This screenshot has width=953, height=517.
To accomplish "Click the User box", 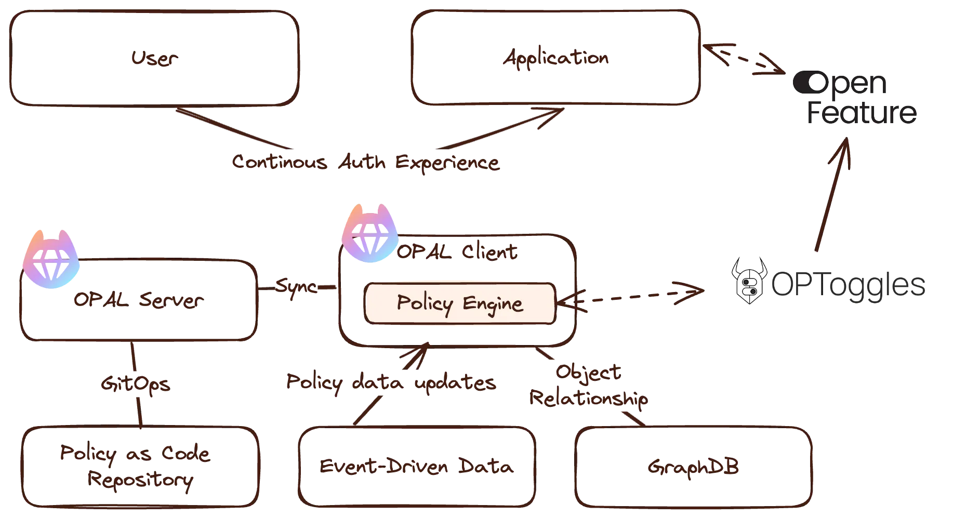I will coord(154,58).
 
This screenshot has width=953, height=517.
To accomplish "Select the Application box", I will coord(555,58).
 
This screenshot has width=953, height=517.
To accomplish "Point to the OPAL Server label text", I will coord(139,301).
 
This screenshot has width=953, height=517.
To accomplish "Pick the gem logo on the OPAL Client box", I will coord(369,235).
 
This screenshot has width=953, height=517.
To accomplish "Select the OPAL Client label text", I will coord(457,253).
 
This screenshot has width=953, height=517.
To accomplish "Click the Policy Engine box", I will coord(460,303).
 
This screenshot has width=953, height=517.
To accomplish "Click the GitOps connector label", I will coord(135,385).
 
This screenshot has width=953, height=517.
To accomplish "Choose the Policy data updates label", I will coord(392,383).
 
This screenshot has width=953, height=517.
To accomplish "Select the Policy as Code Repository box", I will coord(140,466).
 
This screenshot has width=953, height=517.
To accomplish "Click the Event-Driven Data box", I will coord(416,466).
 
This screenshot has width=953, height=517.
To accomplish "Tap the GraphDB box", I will coord(694,466).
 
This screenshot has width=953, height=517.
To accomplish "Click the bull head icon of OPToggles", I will coord(749,283).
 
